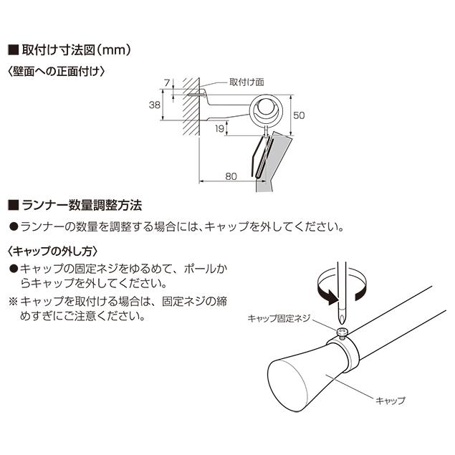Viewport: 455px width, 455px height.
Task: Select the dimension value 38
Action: [x=154, y=105]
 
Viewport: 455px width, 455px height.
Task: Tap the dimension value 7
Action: [x=166, y=82]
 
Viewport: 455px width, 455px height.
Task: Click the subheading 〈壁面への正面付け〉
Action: [x=57, y=71]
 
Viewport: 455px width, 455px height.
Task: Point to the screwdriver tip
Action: [x=343, y=315]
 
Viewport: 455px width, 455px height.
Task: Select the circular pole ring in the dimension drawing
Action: [x=267, y=110]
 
